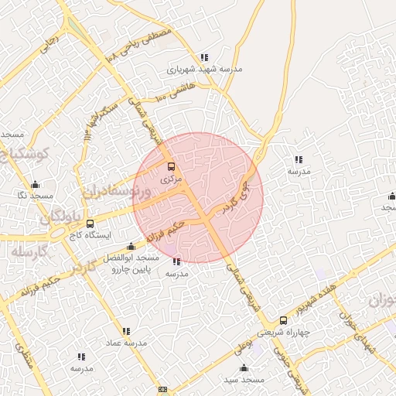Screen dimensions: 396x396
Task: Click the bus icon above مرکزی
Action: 171,166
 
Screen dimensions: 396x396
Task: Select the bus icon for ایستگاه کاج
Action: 90,224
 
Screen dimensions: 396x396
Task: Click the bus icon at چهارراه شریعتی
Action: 282,320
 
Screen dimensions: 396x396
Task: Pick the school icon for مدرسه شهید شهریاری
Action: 204,57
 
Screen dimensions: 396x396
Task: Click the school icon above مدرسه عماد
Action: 126,331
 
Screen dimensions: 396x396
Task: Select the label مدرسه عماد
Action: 125,343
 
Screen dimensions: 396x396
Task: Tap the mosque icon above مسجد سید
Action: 244,368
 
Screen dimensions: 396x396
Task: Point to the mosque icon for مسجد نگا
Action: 35,185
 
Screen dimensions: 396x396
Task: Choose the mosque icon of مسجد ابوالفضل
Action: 131,247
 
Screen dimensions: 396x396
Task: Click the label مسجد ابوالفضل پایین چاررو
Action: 135,264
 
